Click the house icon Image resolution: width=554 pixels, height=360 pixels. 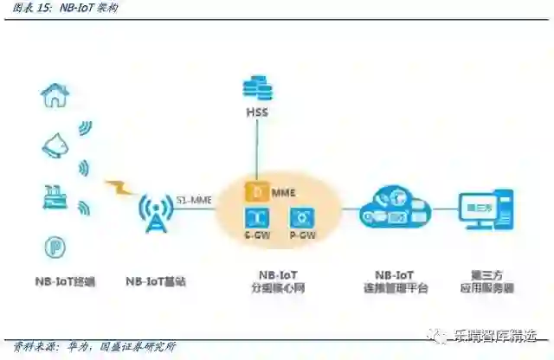click(53, 94)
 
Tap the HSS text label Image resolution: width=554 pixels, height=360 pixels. click(257, 113)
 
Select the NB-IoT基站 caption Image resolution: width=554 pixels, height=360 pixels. click(156, 282)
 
